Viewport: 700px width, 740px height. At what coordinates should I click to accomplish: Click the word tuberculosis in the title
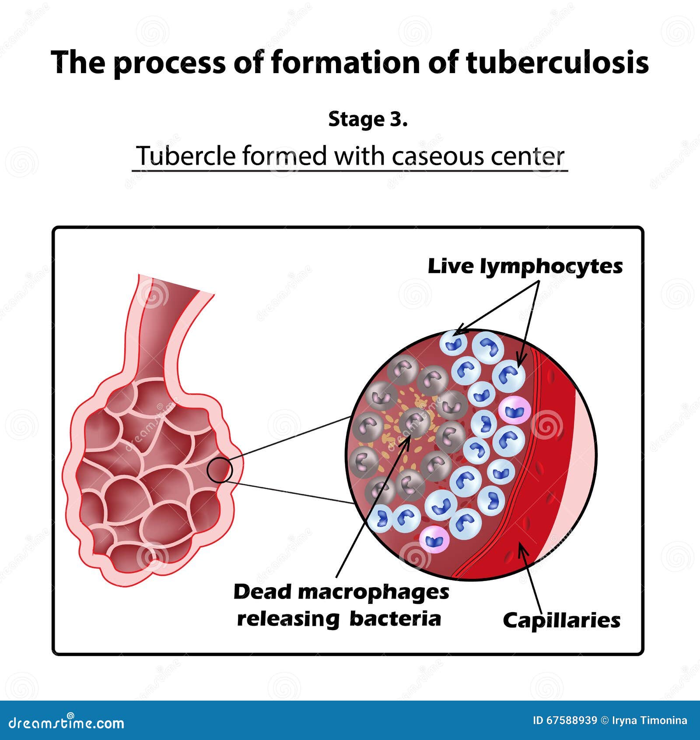tap(557, 63)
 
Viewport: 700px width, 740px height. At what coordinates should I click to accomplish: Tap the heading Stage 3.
tap(367, 120)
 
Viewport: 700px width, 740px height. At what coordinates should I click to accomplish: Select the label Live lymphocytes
tap(525, 267)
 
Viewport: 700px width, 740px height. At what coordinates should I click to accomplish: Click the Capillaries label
tap(561, 621)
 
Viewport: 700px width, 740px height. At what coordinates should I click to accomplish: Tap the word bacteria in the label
tap(395, 619)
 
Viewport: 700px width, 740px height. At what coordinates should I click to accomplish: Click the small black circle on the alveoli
tap(219, 470)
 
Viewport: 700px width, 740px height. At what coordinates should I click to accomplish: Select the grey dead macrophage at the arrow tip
tap(414, 423)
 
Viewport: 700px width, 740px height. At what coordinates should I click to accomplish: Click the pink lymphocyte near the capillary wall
tap(515, 410)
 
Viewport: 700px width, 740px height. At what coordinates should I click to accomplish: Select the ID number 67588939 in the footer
tap(572, 721)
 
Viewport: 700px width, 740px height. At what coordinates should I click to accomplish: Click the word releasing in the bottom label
tap(288, 619)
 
